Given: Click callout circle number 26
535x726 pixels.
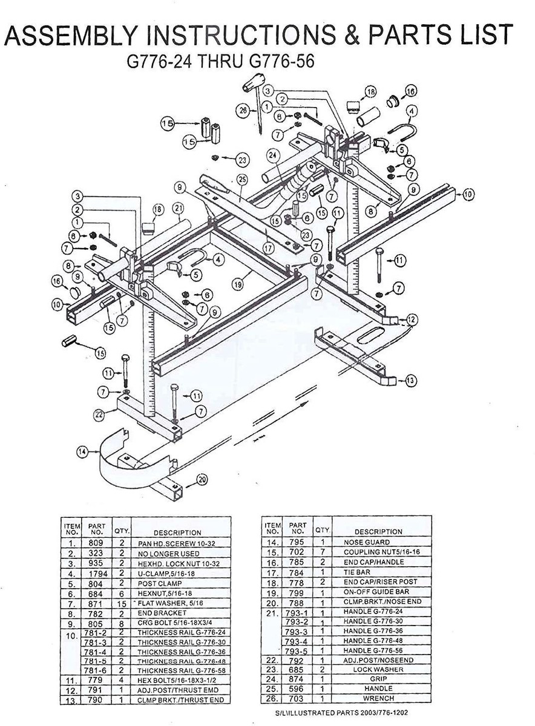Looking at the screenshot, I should pos(243,111).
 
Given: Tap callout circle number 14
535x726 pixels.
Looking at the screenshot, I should pos(82,451).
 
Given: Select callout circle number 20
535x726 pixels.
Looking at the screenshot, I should pos(202,480).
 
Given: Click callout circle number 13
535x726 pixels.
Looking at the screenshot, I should pos(411,381).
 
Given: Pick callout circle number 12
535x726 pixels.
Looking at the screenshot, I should pos(412,318).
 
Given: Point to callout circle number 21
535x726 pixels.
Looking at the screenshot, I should pos(179,209).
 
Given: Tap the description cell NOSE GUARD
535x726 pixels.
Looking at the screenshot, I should pos(367,542).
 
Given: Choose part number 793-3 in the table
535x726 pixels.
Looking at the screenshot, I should pos(298,630).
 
